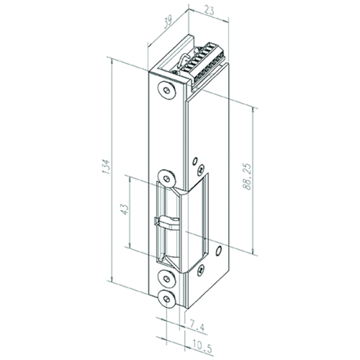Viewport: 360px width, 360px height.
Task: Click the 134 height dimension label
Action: pyautogui.click(x=106, y=166)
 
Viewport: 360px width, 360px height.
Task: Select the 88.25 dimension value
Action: pyautogui.click(x=247, y=177)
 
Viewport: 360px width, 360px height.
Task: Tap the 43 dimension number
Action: pyautogui.click(x=125, y=209)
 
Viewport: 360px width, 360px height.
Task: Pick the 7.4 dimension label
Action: pyautogui.click(x=197, y=327)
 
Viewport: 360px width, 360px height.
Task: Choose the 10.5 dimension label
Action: pyautogui.click(x=202, y=348)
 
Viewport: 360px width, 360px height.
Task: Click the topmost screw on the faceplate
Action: pyautogui.click(x=166, y=90)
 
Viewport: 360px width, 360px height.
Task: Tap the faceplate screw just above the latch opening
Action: pyautogui.click(x=166, y=179)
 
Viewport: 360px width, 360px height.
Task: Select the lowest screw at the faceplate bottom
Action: pyautogui.click(x=167, y=299)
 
